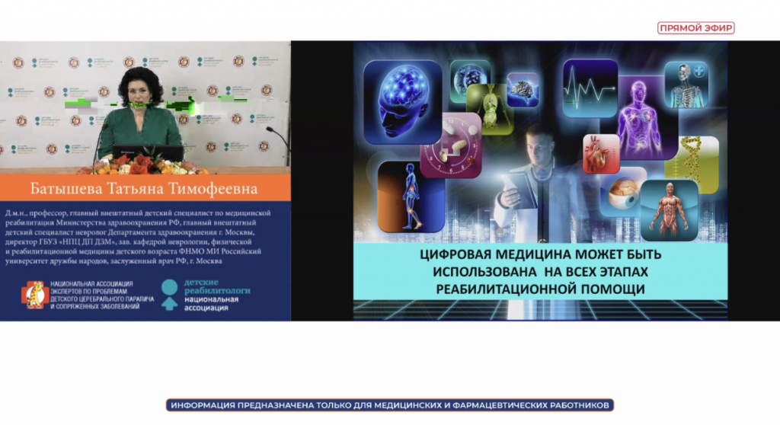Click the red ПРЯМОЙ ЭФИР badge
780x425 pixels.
pos(695,28)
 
